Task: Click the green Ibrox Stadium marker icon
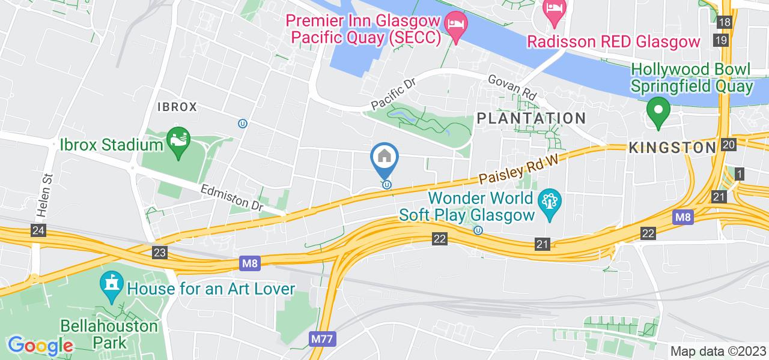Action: (178, 145)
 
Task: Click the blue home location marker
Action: (384, 158)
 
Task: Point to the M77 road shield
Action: (323, 339)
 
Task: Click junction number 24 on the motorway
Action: (40, 230)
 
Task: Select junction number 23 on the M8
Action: (159, 253)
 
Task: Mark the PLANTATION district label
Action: (531, 118)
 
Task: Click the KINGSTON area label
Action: (672, 148)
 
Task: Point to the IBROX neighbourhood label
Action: (177, 107)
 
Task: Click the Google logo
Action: (40, 346)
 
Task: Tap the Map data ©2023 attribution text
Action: (719, 352)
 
